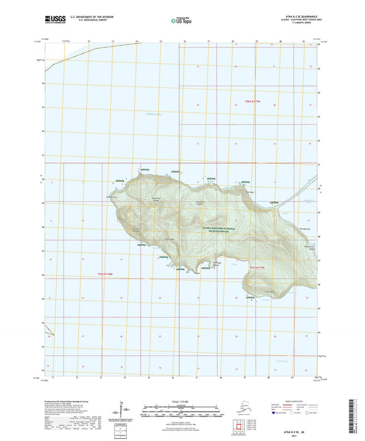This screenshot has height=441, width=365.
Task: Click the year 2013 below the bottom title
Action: [181, 435]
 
